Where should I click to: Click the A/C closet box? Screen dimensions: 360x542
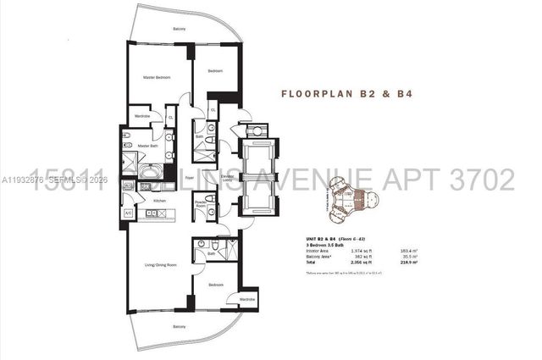click(129, 213)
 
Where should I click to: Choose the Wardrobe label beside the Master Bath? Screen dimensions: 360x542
click(141, 117)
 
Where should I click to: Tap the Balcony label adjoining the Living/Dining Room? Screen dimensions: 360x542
click(179, 326)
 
